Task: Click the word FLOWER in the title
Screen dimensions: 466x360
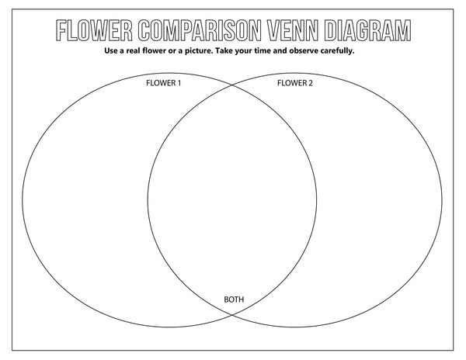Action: coord(94,30)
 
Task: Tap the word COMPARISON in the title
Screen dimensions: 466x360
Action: coord(200,30)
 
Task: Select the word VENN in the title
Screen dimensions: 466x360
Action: coord(293,30)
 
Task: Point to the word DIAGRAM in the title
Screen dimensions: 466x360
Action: coord(367,30)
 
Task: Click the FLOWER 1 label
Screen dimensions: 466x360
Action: coord(163,83)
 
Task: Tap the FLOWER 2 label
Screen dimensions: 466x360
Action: coord(295,83)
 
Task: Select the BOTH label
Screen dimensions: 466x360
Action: coord(234,299)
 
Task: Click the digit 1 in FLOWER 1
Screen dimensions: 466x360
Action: coord(179,83)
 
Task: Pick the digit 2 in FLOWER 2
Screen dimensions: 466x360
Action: coord(311,83)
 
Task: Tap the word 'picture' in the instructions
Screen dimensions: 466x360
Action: coord(197,51)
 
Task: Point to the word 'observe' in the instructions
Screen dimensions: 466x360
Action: coord(303,50)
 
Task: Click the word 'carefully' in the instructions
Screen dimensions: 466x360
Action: coord(336,51)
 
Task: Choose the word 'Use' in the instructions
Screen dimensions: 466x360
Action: coord(110,50)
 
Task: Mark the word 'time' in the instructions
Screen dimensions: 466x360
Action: coord(263,50)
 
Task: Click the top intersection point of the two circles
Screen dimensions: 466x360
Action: coord(232,85)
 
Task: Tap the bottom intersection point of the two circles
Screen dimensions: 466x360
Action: coord(232,314)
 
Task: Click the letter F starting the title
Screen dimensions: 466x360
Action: coord(61,30)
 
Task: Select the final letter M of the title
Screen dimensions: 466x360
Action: coord(404,30)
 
